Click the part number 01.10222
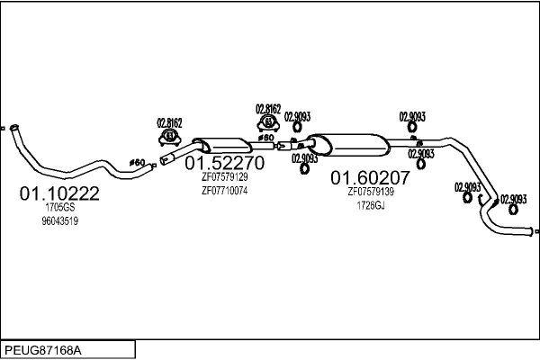[x=59, y=193]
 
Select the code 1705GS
[x=59, y=207]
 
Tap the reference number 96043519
[x=59, y=221]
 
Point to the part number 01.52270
[x=224, y=164]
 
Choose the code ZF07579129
[x=224, y=177]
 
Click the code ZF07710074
[x=224, y=191]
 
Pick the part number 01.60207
[x=371, y=177]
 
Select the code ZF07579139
[x=371, y=191]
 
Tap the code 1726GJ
[x=371, y=205]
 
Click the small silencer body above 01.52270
[x=223, y=146]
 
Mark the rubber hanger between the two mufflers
[x=267, y=122]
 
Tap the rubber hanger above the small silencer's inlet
[x=168, y=137]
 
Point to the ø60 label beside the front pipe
[x=137, y=162]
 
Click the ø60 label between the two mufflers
[x=266, y=138]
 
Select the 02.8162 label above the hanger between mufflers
[x=268, y=108]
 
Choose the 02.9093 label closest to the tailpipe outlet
[x=514, y=199]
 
